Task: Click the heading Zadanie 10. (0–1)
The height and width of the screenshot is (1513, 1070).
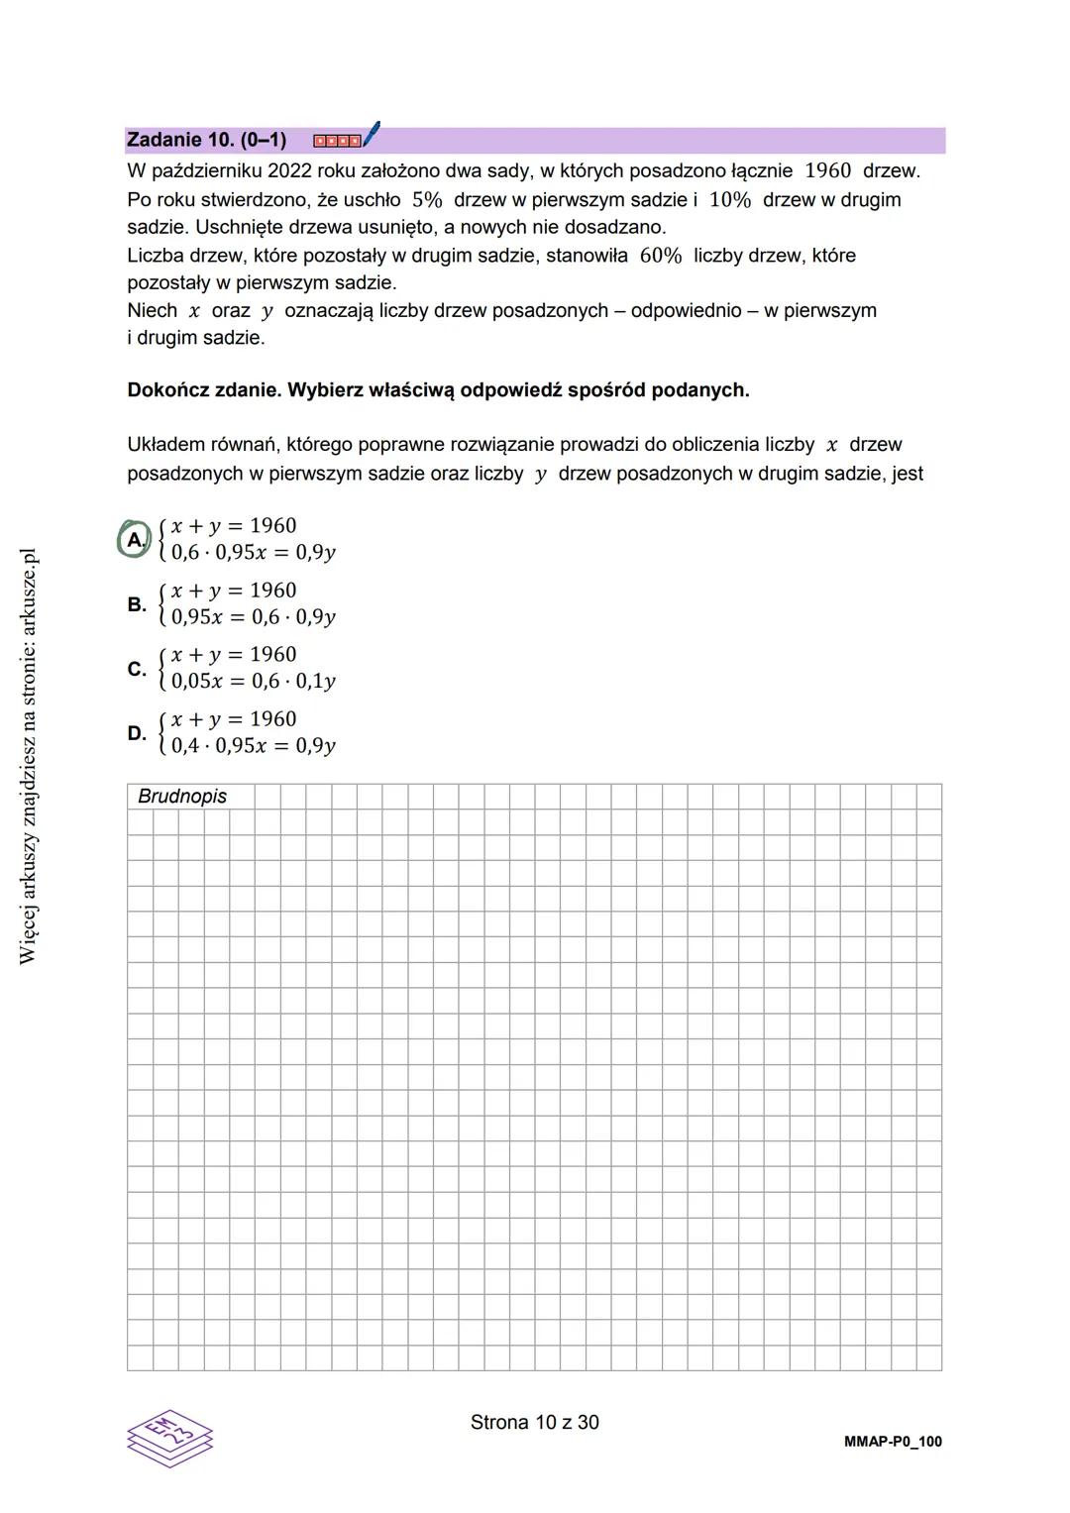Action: (206, 140)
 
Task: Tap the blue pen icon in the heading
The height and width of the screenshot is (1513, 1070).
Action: (372, 134)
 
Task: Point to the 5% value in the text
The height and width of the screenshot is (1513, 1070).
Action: (427, 199)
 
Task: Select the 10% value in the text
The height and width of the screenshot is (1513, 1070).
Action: (730, 199)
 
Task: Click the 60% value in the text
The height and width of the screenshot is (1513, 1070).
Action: (661, 255)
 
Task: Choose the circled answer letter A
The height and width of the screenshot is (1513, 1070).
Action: (134, 539)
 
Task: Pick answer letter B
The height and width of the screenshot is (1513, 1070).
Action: (136, 603)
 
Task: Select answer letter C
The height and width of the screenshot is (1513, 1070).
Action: (136, 668)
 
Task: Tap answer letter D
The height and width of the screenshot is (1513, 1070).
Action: (136, 732)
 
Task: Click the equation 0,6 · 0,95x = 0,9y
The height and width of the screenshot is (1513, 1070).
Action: (254, 552)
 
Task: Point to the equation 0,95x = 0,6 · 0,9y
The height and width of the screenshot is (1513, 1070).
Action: (254, 616)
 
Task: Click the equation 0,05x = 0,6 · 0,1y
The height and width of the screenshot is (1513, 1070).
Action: (254, 681)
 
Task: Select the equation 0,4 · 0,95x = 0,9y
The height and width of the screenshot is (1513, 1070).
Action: (254, 745)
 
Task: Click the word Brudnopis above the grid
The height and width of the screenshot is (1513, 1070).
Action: (182, 797)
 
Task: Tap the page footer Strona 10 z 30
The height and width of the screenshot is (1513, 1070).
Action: (535, 1422)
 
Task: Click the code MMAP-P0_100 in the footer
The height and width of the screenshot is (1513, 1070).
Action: (893, 1442)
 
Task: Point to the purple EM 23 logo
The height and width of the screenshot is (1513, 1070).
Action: (169, 1437)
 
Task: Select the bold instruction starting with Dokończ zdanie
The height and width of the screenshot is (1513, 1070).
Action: (438, 389)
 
